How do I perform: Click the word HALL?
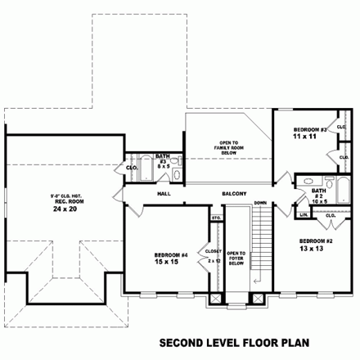163,194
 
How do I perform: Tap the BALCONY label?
234,194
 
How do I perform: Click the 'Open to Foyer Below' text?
236,258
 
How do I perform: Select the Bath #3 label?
164,161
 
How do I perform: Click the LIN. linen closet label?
304,215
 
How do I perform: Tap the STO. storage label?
217,218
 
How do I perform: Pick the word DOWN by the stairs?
259,202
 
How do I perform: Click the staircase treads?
262,245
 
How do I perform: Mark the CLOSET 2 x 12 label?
214,256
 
